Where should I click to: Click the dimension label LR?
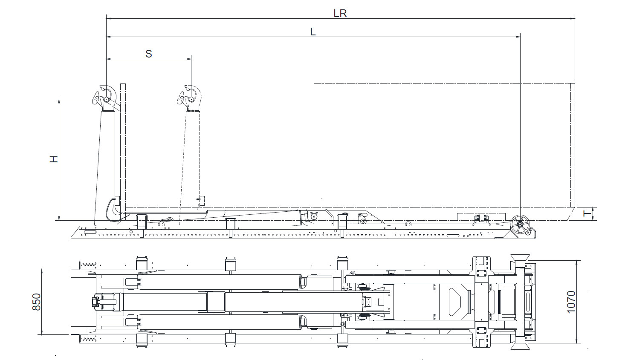340,13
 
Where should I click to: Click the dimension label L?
313,32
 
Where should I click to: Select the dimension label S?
149,54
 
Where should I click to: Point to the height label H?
53,159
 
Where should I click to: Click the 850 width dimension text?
36,302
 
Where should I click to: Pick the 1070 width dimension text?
571,302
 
